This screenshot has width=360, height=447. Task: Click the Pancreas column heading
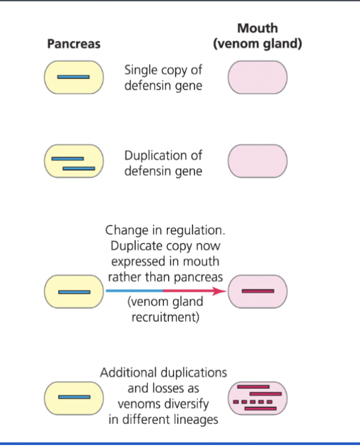73,44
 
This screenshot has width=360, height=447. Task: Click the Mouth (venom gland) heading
257,36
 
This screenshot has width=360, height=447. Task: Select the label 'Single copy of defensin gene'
163,78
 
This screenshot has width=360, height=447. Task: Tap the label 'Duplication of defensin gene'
163,164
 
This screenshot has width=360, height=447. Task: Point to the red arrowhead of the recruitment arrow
220,291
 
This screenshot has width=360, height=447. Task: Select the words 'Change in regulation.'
165,231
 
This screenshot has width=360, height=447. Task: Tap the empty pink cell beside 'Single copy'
257,77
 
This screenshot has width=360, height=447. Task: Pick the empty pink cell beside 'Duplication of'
257,162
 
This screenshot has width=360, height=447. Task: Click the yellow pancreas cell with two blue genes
73,162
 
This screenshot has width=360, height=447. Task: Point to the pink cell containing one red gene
257,291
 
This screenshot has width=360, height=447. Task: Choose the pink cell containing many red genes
257,398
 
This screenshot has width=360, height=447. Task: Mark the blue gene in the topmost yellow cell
73,77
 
